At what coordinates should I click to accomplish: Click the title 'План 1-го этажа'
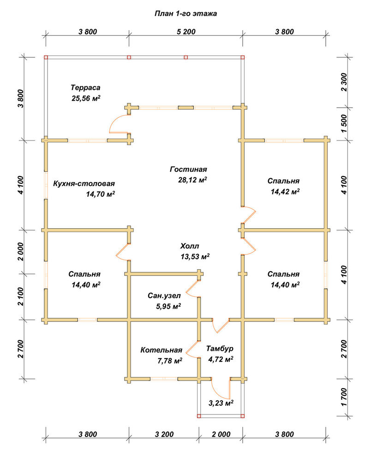[185, 13]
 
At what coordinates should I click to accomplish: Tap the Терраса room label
[85, 87]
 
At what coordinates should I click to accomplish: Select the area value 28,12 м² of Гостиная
[192, 180]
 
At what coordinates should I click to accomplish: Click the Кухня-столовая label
[84, 183]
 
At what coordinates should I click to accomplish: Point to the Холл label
[190, 246]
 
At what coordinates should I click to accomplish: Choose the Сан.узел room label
[164, 295]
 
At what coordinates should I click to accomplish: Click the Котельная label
[161, 350]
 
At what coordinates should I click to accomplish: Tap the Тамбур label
[220, 348]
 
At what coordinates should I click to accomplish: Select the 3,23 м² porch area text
[221, 403]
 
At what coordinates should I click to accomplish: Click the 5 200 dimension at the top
[186, 31]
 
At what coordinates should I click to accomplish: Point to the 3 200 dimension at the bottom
[164, 434]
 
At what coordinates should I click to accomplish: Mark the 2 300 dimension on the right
[344, 82]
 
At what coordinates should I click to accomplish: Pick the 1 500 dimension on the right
[344, 123]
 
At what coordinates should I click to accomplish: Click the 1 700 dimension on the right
[344, 397]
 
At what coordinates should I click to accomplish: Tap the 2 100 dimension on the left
[20, 297]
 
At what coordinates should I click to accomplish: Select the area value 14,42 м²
[285, 192]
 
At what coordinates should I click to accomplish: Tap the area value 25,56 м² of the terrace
[86, 98]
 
